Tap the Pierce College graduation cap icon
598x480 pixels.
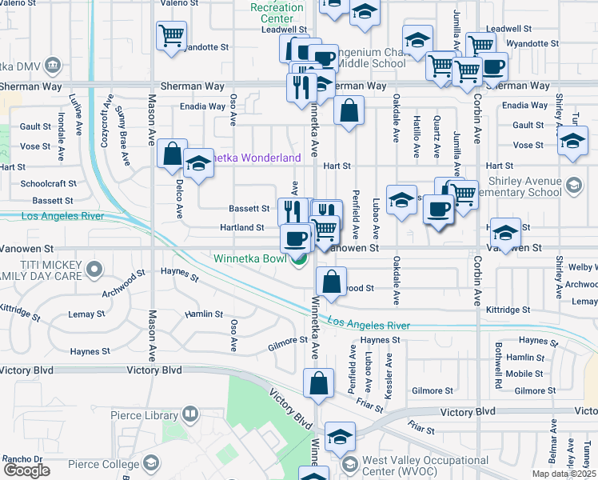pos(150,464)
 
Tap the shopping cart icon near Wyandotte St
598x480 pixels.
pos(171,37)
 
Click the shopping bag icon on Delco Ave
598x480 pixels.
pos(172,154)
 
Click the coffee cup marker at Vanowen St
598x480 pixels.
pos(296,238)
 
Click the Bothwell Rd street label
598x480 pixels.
pos(497,356)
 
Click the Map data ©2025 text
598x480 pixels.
pos(564,474)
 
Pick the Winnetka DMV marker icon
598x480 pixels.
pos(53,64)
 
